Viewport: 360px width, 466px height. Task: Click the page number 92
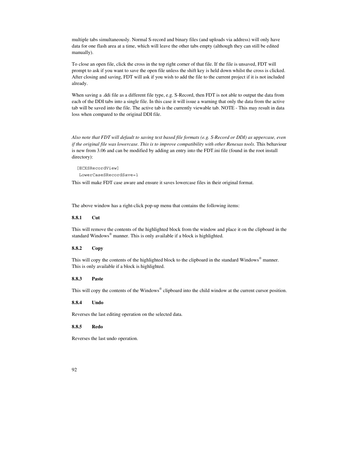click(74, 370)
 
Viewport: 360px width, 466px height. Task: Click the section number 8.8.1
click(77, 218)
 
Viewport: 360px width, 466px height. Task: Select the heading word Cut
click(96, 218)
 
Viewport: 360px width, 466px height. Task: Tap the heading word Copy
click(97, 248)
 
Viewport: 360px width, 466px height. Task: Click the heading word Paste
click(97, 279)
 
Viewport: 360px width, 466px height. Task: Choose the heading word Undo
click(97, 303)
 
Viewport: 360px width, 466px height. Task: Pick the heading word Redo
click(97, 327)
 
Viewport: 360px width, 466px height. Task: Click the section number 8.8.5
click(77, 327)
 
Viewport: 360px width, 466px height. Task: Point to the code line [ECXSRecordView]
click(98, 168)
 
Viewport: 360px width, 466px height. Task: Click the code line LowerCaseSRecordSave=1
click(109, 175)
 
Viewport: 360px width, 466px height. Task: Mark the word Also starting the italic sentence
click(76, 138)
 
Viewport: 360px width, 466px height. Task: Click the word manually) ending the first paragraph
click(82, 52)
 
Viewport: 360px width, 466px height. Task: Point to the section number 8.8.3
click(77, 279)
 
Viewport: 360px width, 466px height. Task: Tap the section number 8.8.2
click(77, 248)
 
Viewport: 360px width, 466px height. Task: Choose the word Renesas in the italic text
click(235, 144)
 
